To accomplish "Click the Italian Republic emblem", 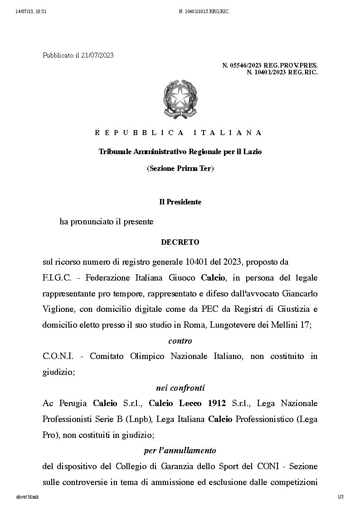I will [x=180, y=99].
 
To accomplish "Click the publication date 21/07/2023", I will [x=97, y=55].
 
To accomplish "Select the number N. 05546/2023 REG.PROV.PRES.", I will [x=270, y=66].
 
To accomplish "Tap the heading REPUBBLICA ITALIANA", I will [x=179, y=133].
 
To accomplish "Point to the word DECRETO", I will [x=180, y=242].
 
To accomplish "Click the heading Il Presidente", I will [x=180, y=202].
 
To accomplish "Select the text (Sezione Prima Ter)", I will [x=180, y=169].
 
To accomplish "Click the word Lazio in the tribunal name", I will [x=252, y=151].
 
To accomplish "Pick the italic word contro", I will [x=180, y=341].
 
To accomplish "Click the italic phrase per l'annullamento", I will [x=180, y=451].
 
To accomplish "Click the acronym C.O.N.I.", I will [x=57, y=356].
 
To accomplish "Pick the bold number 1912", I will [x=217, y=403].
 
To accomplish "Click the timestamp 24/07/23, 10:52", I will [x=31, y=11].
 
